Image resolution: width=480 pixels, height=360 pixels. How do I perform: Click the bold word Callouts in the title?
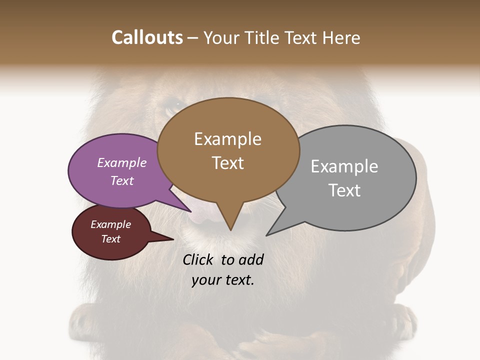[147, 37]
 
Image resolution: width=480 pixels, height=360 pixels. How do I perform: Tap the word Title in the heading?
[260, 37]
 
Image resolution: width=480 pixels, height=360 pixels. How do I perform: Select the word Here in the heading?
[340, 37]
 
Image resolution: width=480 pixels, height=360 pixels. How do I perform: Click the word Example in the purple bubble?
[122, 163]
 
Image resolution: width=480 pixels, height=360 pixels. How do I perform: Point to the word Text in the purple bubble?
[122, 180]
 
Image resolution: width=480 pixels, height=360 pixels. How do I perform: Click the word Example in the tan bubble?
[227, 139]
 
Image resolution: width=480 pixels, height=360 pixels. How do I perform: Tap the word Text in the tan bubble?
[227, 163]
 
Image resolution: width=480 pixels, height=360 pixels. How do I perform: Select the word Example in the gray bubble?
[344, 166]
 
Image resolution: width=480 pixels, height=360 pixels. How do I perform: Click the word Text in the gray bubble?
[344, 190]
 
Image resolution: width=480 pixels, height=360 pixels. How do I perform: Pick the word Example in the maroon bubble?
[110, 224]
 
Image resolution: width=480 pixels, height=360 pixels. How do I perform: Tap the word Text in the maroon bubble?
[110, 239]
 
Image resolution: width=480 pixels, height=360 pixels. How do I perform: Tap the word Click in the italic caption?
[198, 260]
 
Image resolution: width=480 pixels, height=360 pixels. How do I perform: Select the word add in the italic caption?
[251, 260]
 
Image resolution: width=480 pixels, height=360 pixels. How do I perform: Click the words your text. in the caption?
[223, 279]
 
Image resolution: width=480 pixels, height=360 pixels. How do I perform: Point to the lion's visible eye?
[174, 105]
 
